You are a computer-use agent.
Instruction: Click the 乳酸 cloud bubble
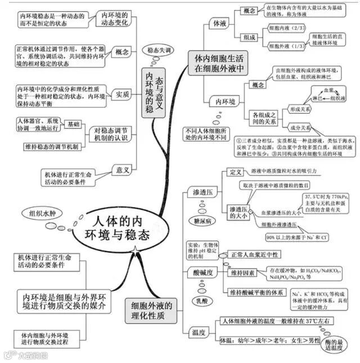click(x=204, y=299)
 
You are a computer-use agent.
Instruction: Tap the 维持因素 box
click(x=242, y=273)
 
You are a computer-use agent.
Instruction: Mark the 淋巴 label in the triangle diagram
click(x=317, y=98)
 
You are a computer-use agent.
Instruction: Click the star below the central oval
click(x=134, y=249)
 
